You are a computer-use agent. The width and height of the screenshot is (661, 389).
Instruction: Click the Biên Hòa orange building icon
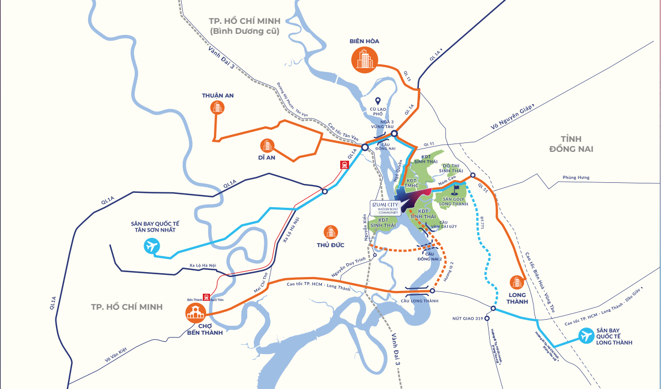click(x=364, y=59)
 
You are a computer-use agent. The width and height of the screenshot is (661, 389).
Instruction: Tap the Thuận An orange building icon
click(x=217, y=108)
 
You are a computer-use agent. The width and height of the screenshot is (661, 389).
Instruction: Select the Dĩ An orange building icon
click(x=267, y=145)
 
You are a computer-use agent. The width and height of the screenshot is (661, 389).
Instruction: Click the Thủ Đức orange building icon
click(x=331, y=232)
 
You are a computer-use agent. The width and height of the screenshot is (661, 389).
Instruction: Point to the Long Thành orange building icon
click(x=516, y=283)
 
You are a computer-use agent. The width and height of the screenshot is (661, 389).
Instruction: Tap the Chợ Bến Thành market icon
click(x=196, y=314)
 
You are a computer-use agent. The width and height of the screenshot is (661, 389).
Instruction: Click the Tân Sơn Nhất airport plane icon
click(x=151, y=245)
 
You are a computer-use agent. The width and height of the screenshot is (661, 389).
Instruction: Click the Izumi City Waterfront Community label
click(x=385, y=207)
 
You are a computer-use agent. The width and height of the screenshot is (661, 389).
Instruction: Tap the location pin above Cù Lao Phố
click(x=377, y=101)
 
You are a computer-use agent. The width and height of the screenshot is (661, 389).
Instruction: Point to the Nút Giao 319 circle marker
click(x=487, y=318)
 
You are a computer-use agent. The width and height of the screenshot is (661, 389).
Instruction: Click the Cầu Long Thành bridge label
click(x=419, y=300)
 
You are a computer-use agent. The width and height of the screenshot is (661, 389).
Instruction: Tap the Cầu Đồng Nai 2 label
click(x=429, y=256)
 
